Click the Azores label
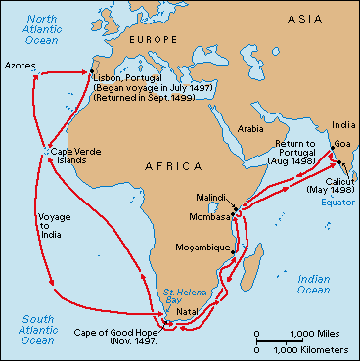pos(21,63)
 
